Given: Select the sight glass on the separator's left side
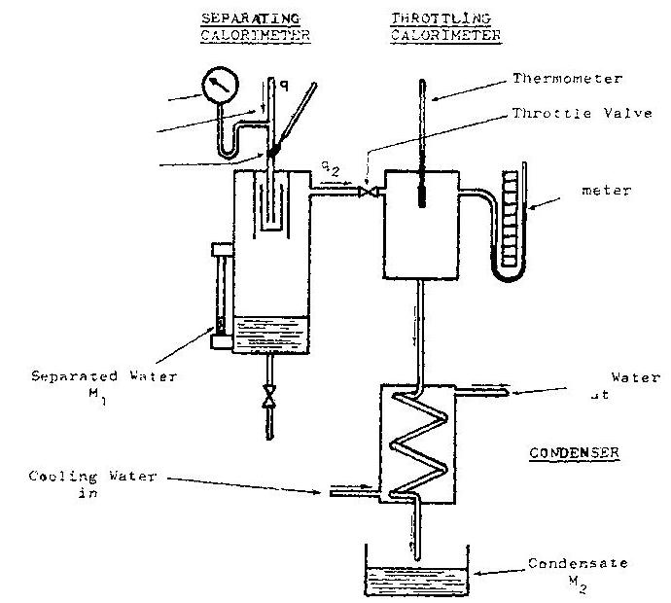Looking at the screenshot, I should click(219, 292).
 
